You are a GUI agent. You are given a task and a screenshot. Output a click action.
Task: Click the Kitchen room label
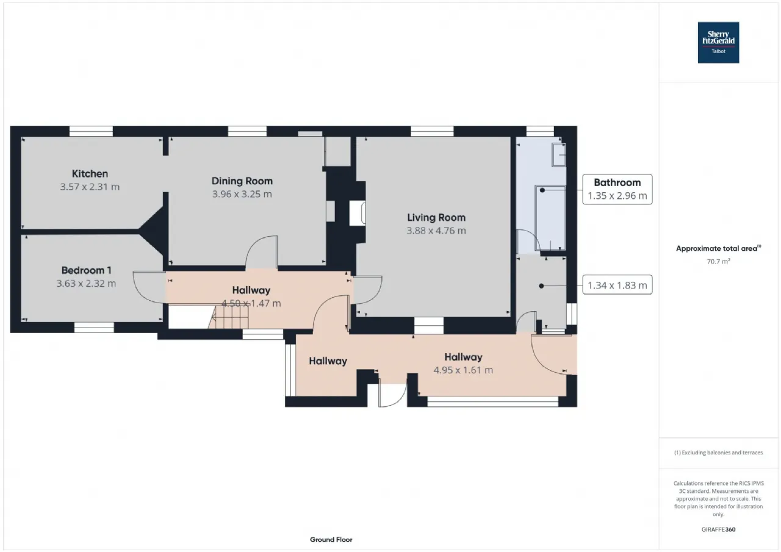pos(90,174)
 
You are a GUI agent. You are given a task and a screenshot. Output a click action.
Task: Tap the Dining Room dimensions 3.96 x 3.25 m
pos(242,194)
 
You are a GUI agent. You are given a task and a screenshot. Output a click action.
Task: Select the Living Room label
pos(436,218)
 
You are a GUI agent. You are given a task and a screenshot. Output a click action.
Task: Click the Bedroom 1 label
pos(86,270)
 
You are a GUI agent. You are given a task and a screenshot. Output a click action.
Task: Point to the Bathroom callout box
pos(617,189)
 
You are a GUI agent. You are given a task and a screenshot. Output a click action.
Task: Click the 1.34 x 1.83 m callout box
pos(617,285)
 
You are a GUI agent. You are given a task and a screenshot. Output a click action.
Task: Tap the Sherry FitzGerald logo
pos(718,43)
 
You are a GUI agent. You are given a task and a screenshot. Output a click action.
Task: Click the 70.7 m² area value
pos(718,262)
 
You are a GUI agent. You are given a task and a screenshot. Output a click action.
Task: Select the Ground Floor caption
pos(331,540)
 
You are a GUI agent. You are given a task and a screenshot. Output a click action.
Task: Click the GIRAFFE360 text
pos(718,529)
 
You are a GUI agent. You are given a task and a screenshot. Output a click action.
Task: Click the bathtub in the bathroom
pos(550,218)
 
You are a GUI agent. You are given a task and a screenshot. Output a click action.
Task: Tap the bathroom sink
pos(558,155)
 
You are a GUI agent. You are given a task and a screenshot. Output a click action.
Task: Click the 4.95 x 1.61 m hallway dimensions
pos(463,370)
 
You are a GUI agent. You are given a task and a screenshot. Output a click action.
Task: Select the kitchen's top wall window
pos(91,131)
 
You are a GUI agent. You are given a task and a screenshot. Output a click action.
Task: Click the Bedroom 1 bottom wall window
pos(94,328)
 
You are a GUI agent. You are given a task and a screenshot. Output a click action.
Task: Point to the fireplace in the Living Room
pos(358,213)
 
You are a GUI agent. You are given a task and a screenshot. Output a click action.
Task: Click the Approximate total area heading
pos(718,248)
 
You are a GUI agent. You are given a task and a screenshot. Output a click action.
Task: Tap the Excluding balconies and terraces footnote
pos(718,453)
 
